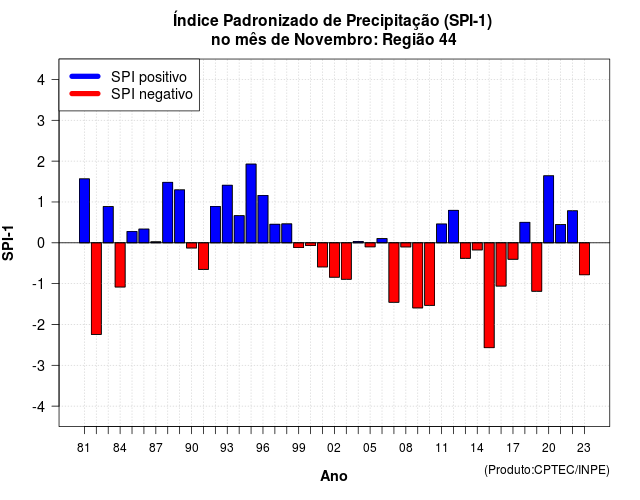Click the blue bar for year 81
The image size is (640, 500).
(x=84, y=211)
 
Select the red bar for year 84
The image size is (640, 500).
(x=120, y=265)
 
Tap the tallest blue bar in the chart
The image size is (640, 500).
(x=251, y=203)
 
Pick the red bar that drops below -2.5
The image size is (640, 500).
(x=489, y=295)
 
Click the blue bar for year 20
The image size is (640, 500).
(x=549, y=209)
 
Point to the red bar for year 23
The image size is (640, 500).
(x=584, y=259)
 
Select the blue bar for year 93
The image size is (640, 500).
(x=227, y=214)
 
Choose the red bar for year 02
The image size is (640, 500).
(x=334, y=260)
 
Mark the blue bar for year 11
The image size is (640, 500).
(x=441, y=233)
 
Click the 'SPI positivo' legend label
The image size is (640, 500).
(x=149, y=77)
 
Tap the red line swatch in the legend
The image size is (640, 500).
(x=85, y=94)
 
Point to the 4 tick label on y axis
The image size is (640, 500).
(x=41, y=80)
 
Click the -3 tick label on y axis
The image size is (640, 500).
(x=39, y=366)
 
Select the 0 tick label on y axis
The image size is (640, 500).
(x=41, y=243)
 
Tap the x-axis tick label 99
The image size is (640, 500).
(x=298, y=448)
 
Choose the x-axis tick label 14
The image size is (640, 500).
(x=476, y=448)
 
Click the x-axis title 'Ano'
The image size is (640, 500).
(x=334, y=476)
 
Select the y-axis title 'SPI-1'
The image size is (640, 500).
(x=8, y=243)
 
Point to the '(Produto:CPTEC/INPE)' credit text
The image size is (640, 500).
(x=547, y=470)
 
